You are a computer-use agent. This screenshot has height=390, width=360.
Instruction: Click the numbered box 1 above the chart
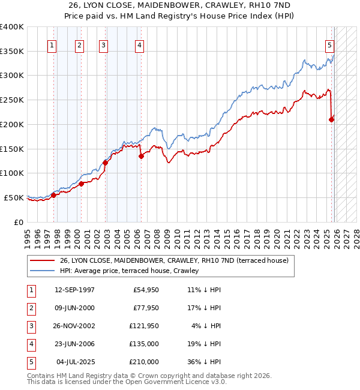click(x=53, y=44)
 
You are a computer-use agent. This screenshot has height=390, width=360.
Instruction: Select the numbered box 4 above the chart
click(x=139, y=44)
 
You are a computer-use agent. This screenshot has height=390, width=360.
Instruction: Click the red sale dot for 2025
click(x=331, y=119)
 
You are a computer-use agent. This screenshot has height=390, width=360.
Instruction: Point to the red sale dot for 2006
click(x=142, y=156)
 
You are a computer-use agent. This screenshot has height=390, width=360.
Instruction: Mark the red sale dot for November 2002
click(x=105, y=163)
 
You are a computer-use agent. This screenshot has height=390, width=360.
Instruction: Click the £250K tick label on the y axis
click(x=11, y=100)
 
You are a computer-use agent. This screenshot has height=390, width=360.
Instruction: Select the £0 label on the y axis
click(x=19, y=222)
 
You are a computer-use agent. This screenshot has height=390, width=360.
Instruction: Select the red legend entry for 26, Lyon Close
click(x=174, y=260)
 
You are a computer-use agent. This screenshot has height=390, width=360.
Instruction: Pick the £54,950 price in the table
click(x=145, y=290)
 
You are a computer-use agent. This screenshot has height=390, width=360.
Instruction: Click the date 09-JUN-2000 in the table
click(x=74, y=308)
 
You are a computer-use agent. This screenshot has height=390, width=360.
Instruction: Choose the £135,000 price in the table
click(x=143, y=344)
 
